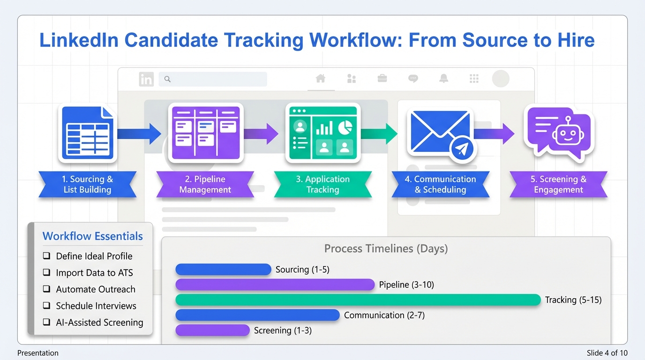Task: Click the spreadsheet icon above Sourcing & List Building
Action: (x=87, y=134)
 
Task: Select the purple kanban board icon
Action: (x=205, y=133)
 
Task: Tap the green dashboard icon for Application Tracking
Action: (x=322, y=133)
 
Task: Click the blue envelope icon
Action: (x=440, y=133)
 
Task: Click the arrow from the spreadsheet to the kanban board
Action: (x=139, y=134)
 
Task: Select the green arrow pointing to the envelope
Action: (x=378, y=134)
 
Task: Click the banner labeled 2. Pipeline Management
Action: (x=205, y=184)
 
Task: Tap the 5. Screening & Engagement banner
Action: (x=558, y=184)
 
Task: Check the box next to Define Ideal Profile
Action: (x=46, y=256)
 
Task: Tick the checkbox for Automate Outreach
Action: (x=46, y=289)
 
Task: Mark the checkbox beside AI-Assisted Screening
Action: (x=46, y=322)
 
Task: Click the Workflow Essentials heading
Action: (x=92, y=236)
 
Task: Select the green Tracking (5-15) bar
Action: (x=358, y=300)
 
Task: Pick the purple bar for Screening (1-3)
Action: (x=212, y=330)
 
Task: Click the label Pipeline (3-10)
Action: (x=406, y=285)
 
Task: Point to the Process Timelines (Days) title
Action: (x=386, y=248)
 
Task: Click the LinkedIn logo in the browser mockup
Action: (x=146, y=79)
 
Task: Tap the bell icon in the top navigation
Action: (x=443, y=79)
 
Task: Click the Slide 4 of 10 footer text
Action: (x=607, y=353)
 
